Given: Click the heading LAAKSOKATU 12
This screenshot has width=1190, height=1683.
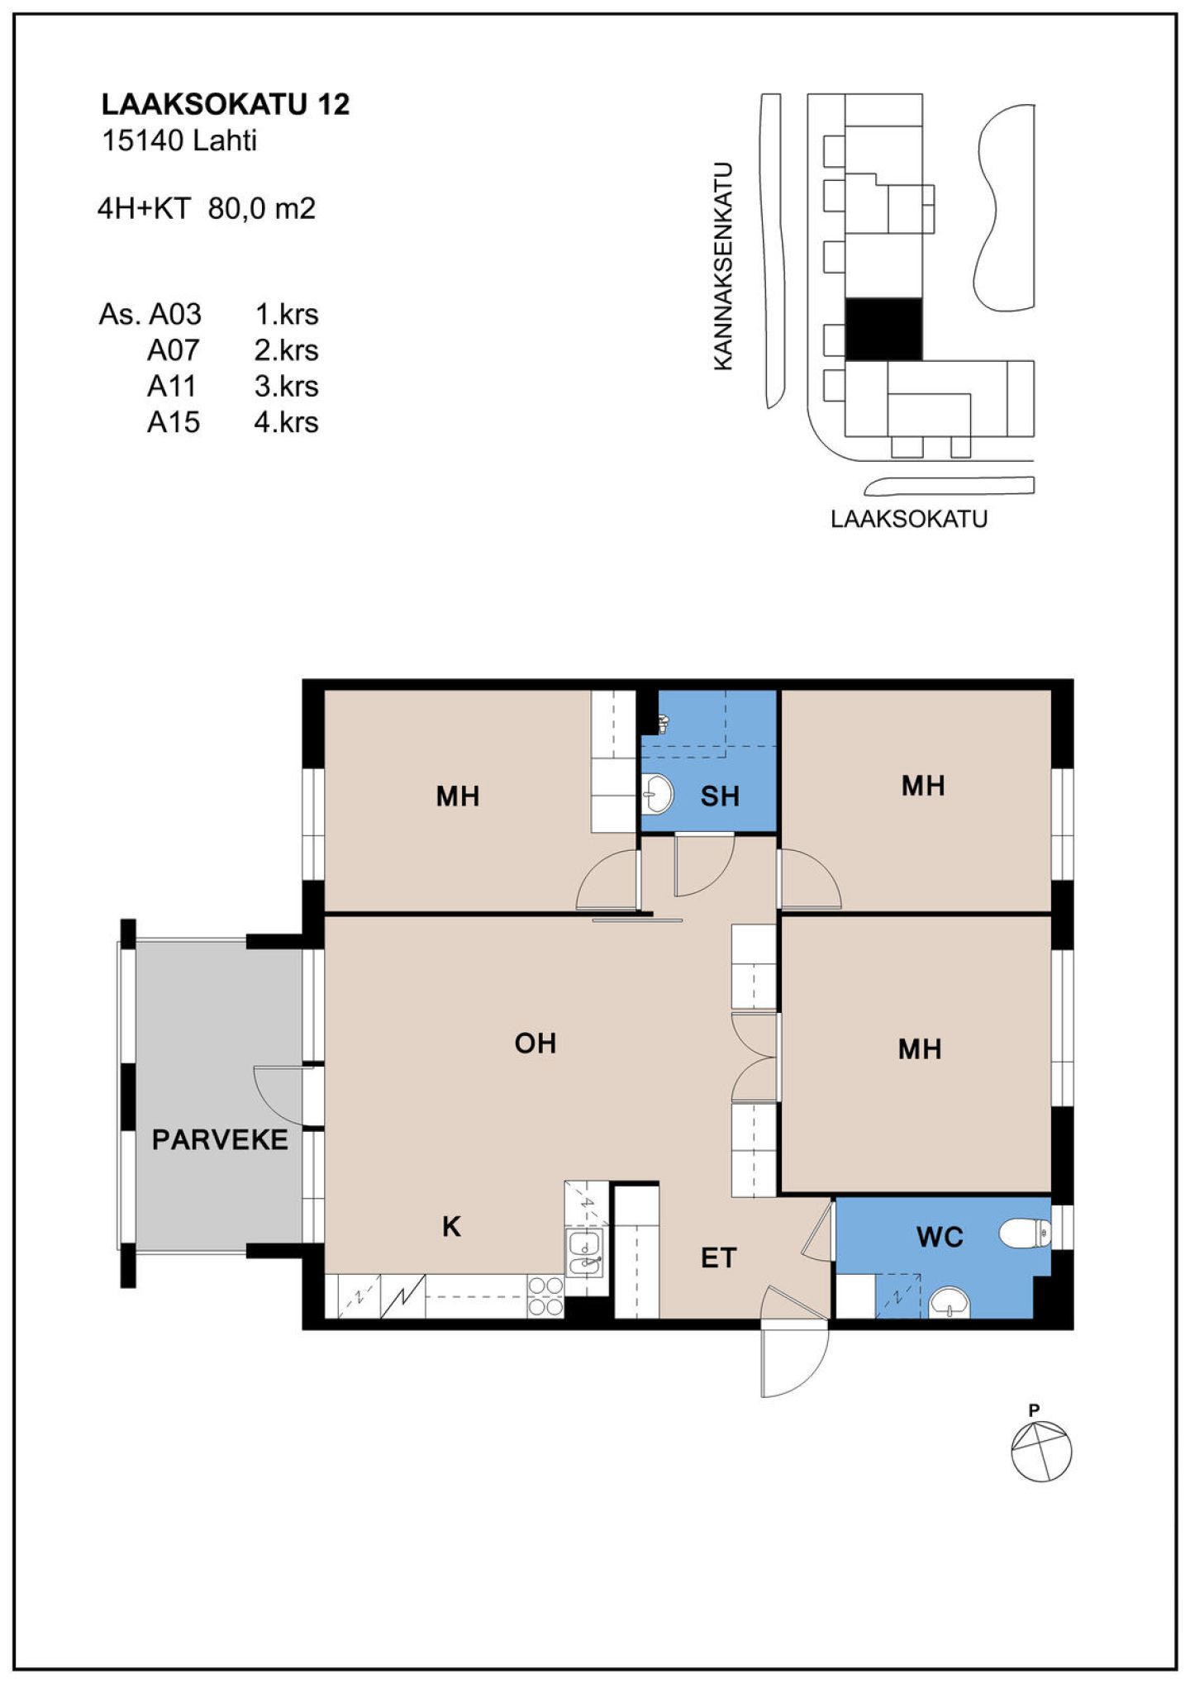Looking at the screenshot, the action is tap(226, 104).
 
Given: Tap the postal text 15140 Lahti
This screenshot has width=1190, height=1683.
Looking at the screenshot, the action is tap(178, 140).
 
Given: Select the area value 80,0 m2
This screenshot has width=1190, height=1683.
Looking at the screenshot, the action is tap(262, 208).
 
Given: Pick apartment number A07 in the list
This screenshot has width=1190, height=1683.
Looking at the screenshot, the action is tap(174, 350).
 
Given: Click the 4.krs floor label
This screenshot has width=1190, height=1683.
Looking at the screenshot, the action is tap(286, 422).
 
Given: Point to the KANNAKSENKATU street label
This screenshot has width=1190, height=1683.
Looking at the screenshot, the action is tap(723, 266).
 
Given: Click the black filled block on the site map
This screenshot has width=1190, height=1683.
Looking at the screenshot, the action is tap(883, 330).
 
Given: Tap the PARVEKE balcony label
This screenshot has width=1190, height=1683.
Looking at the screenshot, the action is tap(220, 1140).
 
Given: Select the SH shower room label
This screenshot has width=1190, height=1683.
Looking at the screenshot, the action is tap(719, 796).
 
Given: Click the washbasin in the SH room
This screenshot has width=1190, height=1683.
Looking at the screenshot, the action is tap(658, 793).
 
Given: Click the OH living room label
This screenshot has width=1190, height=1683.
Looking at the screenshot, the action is tap(535, 1044).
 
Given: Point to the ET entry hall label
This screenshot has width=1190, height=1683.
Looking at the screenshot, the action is tap(718, 1258).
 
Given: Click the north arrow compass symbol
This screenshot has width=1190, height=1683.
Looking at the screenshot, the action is tap(1041, 1452).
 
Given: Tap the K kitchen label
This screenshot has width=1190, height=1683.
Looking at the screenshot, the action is tap(451, 1227).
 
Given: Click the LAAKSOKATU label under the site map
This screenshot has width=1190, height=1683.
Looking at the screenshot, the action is tap(909, 519).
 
